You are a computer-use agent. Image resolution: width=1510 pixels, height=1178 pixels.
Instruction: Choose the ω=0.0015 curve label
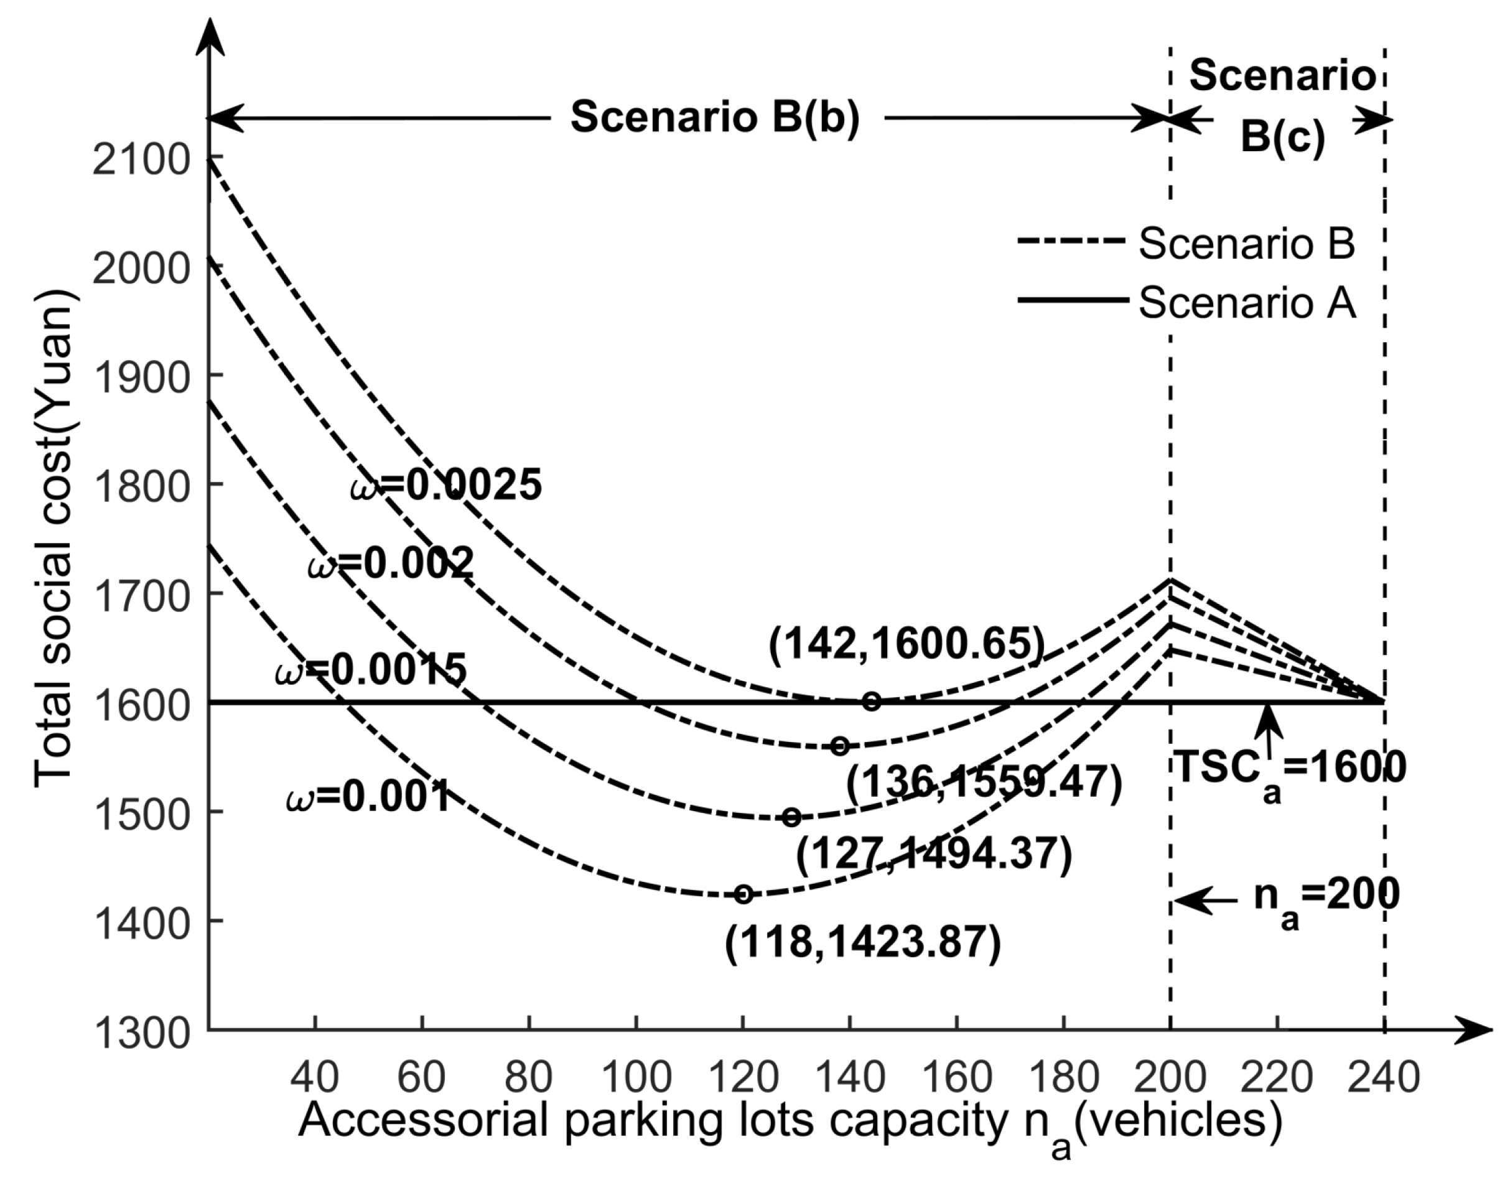[371, 669]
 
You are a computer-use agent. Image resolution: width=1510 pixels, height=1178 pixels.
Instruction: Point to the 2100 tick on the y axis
[141, 160]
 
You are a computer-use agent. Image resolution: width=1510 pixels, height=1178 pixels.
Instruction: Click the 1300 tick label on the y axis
[141, 1035]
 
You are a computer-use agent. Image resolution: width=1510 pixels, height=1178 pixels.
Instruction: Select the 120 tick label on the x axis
[742, 1077]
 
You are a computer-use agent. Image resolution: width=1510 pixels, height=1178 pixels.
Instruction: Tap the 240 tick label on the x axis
[1383, 1077]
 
